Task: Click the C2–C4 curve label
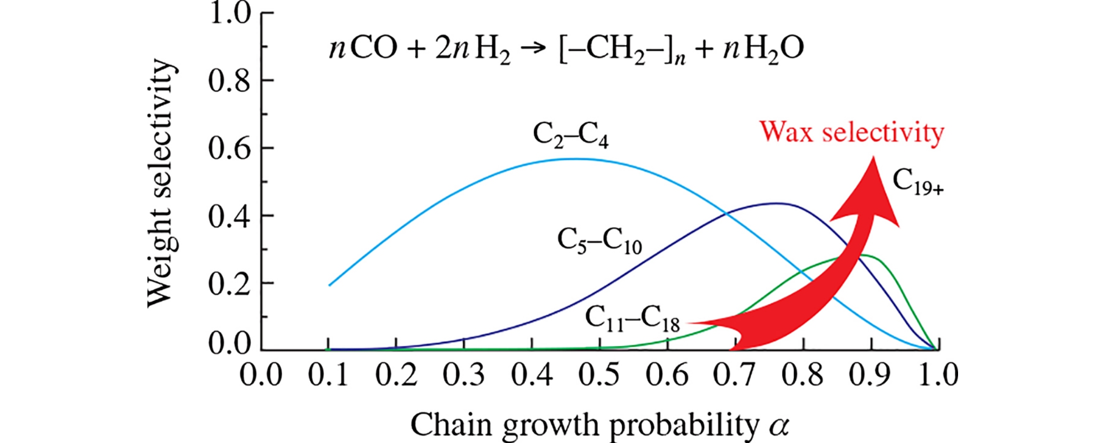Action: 571,135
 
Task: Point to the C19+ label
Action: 918,182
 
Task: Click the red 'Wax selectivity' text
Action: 852,132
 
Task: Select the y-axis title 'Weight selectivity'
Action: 161,183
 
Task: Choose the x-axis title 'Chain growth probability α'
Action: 599,424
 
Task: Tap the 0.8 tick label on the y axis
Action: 229,80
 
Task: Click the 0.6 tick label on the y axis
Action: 229,148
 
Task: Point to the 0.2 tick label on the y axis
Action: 229,283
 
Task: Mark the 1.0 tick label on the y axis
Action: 229,13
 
